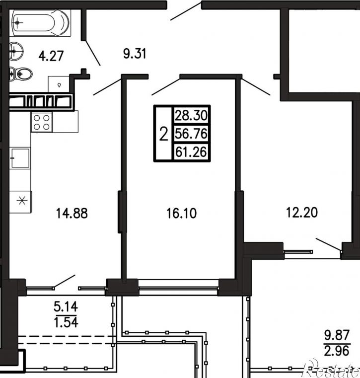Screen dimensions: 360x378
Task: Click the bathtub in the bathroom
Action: coord(40,23)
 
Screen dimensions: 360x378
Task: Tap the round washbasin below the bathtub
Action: coord(16,51)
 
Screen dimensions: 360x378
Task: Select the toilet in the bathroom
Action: coord(21,74)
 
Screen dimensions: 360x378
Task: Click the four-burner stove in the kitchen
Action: coord(41,122)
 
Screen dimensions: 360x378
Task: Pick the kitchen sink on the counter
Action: coord(20,158)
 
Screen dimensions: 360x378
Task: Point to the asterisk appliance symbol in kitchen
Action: coord(22,201)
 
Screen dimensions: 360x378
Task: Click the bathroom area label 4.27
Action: coord(51,56)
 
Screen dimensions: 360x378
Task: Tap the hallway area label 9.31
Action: coord(135,54)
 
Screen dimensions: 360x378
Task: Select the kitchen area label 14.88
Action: coord(72,214)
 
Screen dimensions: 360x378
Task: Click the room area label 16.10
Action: coord(181,214)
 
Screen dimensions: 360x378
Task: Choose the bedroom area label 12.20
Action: coord(302,213)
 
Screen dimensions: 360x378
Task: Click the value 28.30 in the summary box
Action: coord(191,115)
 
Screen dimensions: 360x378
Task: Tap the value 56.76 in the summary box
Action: coord(191,134)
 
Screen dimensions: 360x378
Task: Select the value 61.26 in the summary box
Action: coord(191,152)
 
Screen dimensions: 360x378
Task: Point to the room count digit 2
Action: coord(164,134)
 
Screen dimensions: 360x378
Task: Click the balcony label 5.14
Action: coord(66,307)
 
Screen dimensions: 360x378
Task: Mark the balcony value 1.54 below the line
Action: coord(66,322)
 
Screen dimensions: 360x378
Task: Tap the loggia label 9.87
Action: coord(337,335)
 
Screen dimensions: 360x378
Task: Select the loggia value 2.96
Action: coord(337,351)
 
